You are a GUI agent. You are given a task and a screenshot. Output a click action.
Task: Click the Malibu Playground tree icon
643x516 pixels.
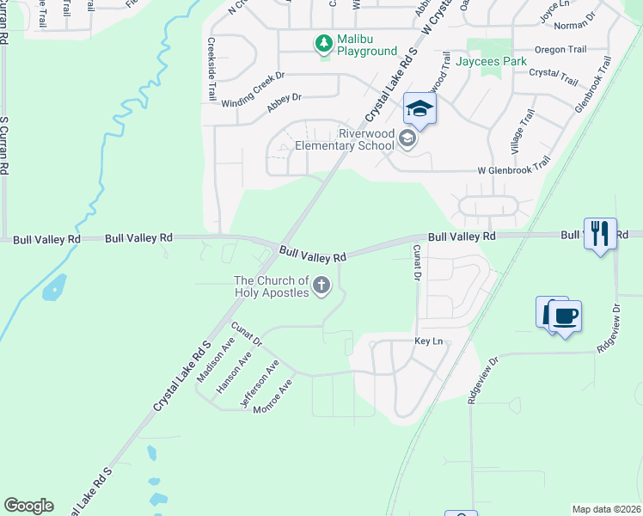pos(323,42)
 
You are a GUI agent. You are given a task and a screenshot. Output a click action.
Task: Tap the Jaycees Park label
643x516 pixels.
pos(491,61)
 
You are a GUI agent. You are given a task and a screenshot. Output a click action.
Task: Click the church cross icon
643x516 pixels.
pos(322,285)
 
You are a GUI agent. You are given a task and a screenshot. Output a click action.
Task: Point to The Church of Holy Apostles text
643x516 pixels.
pos(271,287)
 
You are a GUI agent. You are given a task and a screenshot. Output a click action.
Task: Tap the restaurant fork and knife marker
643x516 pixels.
pos(600,232)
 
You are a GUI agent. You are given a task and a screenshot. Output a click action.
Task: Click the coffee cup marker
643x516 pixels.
pos(565,316)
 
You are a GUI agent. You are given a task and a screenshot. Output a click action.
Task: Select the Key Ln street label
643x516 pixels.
pos(428,341)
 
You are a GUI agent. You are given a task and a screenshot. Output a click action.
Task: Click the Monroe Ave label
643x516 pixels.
pos(273,396)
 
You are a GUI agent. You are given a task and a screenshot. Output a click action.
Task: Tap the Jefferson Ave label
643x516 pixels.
pos(260,384)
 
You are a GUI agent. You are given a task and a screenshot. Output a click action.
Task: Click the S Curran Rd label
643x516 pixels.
pos(4,146)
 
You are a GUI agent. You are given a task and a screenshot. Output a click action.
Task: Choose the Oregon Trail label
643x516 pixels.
pos(561,50)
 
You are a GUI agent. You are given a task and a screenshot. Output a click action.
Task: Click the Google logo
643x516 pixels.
pos(28,506)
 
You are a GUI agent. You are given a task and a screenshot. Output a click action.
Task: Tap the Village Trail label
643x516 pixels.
pos(523,132)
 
